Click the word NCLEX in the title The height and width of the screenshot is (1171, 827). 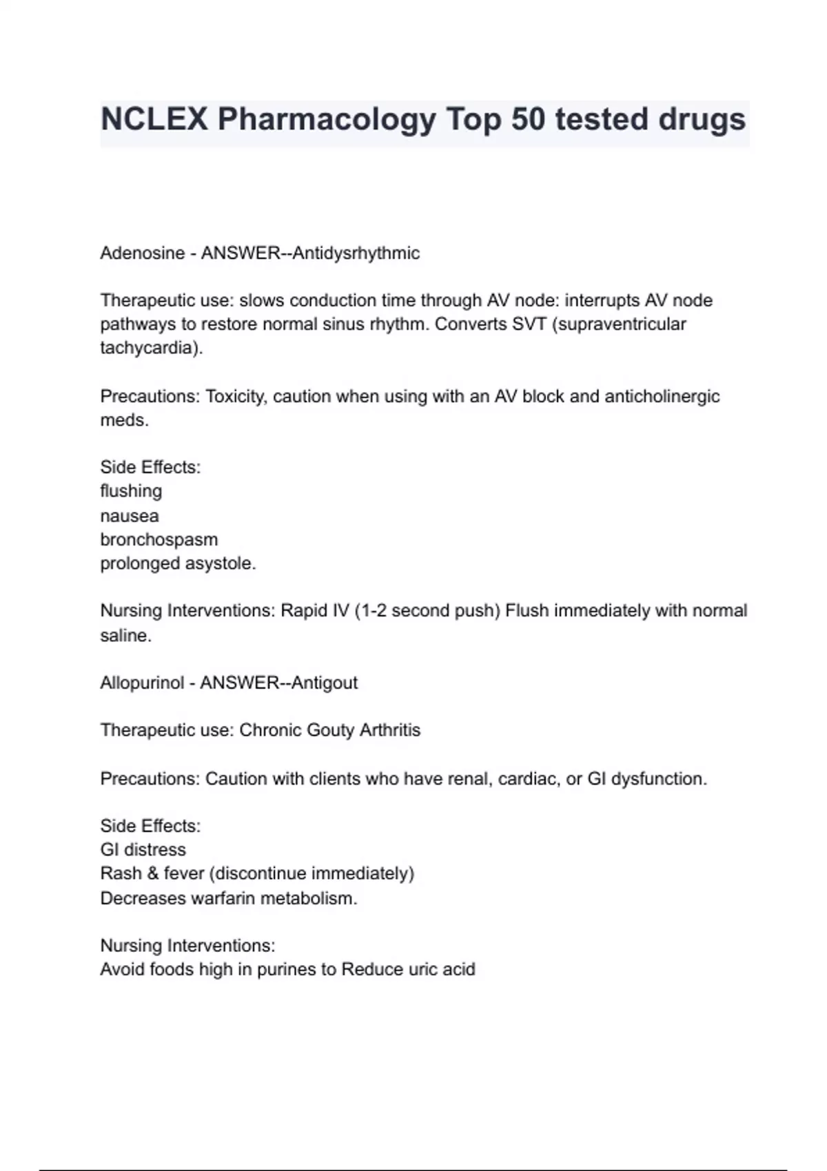coord(154,119)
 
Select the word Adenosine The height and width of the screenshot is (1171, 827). coord(142,253)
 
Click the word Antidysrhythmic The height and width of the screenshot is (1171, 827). coord(356,253)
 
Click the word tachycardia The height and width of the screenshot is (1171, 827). coord(150,348)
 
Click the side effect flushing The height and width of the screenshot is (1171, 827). coord(131,491)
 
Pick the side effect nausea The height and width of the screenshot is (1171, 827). coord(130,516)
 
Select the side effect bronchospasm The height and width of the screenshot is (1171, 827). coord(159,540)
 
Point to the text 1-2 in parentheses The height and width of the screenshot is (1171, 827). coord(373,611)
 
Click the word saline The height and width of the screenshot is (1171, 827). coord(125,636)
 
